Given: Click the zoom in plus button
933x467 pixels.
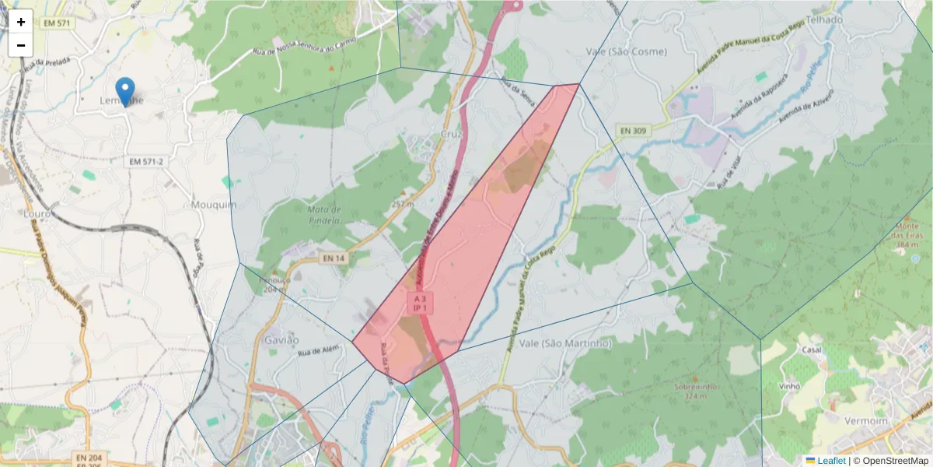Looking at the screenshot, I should click(21, 22).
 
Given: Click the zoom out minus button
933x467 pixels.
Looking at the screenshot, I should click(21, 45).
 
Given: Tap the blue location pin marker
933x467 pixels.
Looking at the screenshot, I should click(124, 91).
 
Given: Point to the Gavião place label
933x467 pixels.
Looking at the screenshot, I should click(281, 340).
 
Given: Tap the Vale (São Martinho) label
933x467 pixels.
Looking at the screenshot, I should click(565, 343).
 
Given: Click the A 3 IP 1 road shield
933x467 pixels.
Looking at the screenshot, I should click(420, 304).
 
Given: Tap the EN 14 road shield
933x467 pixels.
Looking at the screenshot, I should click(333, 258).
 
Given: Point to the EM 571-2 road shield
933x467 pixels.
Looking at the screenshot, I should click(147, 162).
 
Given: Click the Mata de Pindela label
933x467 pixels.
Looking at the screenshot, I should click(324, 215).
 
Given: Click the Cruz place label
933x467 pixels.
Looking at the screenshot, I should click(451, 134).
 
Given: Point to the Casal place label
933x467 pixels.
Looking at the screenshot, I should click(812, 349).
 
